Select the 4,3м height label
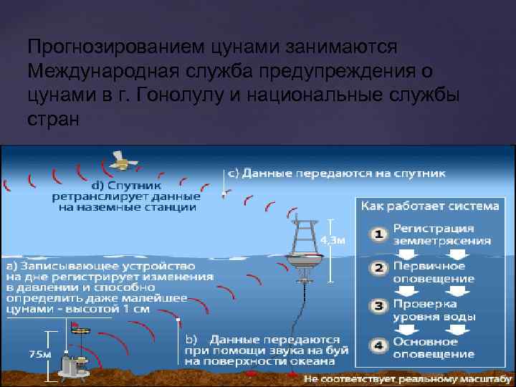pos(333,239)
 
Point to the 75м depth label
pos(40,353)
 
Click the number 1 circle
pos(378,234)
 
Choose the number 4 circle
pos(378,345)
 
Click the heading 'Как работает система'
pos(429,206)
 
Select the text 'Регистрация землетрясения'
pos(441,234)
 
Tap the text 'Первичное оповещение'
pos(434,272)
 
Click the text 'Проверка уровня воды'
pos(434,310)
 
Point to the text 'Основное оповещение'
pos(434,348)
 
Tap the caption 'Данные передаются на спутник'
pos(336,173)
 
